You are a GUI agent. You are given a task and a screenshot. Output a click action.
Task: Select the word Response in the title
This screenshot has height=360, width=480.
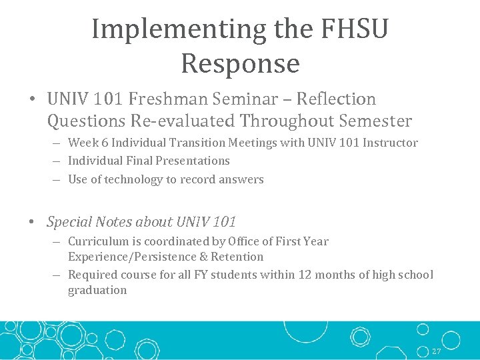(x=240, y=64)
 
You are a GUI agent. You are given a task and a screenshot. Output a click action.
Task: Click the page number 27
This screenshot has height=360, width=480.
(x=436, y=351)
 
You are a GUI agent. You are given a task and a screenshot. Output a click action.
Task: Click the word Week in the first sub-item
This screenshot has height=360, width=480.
(x=82, y=143)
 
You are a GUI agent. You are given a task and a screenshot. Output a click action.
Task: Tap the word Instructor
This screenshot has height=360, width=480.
(x=390, y=143)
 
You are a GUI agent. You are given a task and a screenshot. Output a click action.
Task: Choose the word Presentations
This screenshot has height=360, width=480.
(x=193, y=161)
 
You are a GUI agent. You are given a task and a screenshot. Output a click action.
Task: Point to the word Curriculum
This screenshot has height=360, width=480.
(x=96, y=241)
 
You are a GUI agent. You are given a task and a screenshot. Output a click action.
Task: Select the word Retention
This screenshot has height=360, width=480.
(x=237, y=257)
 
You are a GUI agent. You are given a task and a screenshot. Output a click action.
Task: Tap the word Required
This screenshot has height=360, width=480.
(x=93, y=275)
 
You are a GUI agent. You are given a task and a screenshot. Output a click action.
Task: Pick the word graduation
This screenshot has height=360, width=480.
(x=97, y=290)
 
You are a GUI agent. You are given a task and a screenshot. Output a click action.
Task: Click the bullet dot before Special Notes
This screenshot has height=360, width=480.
(x=33, y=222)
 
